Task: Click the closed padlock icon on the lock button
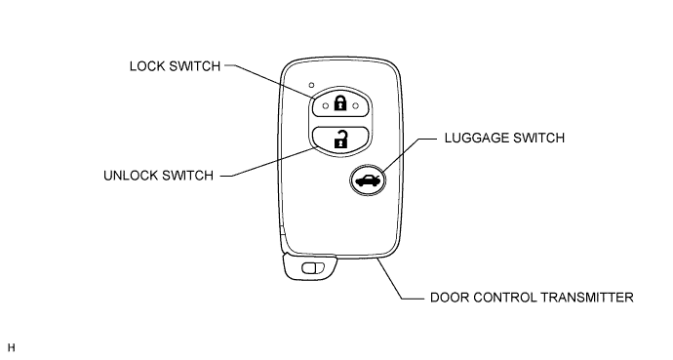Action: [340, 103]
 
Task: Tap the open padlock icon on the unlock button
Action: [340, 139]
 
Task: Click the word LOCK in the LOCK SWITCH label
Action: [146, 66]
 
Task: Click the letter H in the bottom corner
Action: [11, 347]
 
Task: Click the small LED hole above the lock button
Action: [311, 85]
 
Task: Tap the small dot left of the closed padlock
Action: [326, 105]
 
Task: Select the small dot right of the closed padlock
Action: [355, 105]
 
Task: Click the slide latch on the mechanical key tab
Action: [313, 268]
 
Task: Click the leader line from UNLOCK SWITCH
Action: [269, 162]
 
